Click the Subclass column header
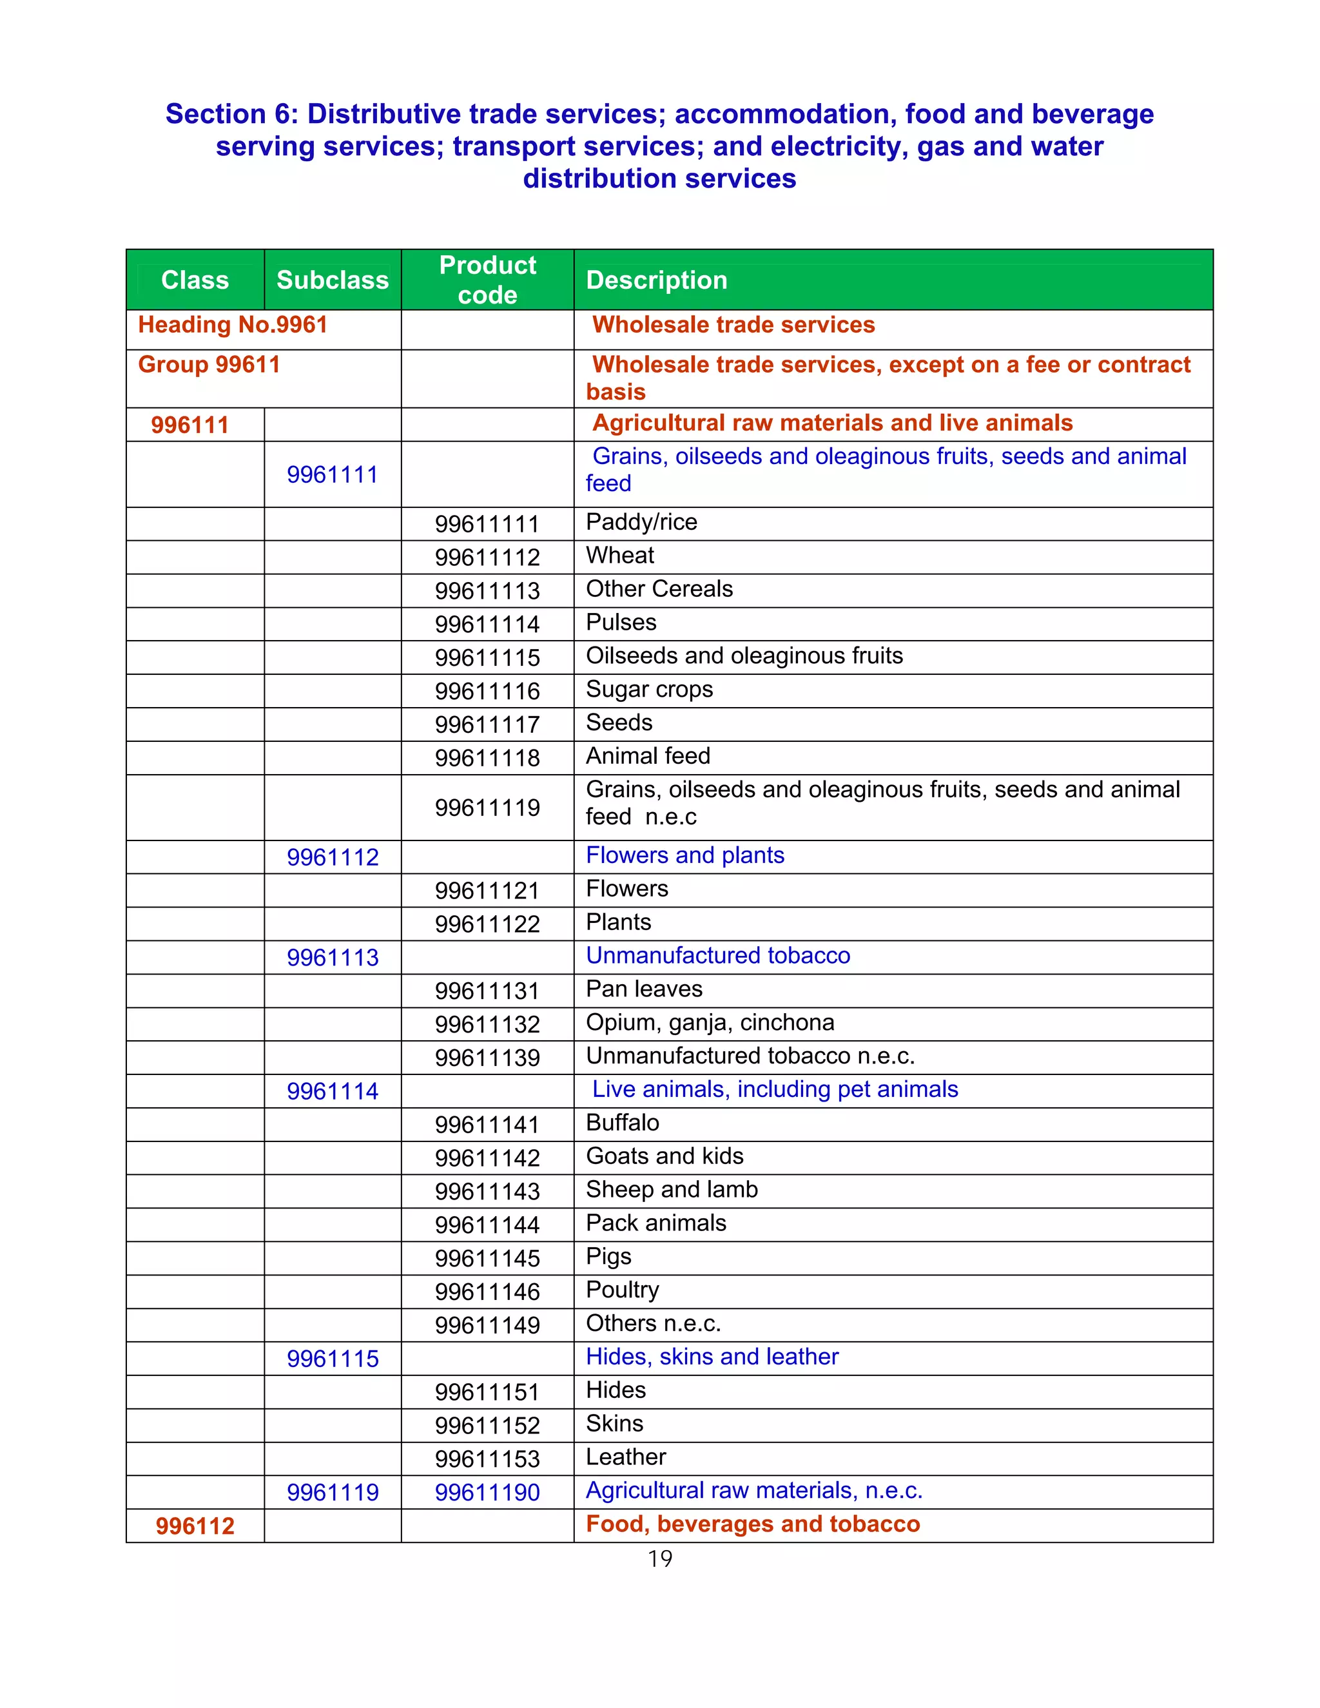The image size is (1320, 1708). click(333, 280)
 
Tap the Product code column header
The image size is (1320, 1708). click(487, 280)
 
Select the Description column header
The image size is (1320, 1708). click(656, 280)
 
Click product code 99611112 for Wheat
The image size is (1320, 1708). click(487, 558)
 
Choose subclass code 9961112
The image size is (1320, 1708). click(333, 857)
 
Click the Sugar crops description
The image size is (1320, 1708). click(649, 689)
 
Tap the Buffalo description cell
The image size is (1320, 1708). click(623, 1122)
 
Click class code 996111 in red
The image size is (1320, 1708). click(190, 425)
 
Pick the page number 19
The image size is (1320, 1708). click(659, 1558)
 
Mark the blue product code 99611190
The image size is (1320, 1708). click(487, 1492)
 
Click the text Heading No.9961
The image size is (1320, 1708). click(232, 325)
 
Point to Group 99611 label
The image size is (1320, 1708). click(209, 364)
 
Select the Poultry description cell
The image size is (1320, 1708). click(623, 1290)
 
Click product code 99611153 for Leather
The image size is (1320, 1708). click(487, 1459)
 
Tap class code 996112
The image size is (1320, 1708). click(195, 1526)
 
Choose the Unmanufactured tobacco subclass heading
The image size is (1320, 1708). click(718, 956)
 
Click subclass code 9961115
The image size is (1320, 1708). click(333, 1359)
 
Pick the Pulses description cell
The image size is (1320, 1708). click(621, 623)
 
